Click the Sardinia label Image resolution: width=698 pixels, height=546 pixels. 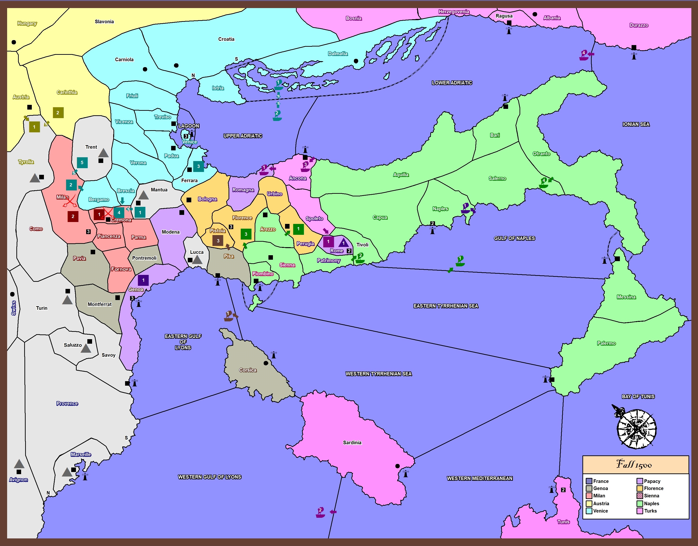(352, 442)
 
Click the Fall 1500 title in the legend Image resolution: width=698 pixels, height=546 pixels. (635, 464)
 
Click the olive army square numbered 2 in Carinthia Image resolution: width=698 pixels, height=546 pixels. (58, 112)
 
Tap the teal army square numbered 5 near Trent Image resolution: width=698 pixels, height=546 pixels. (82, 162)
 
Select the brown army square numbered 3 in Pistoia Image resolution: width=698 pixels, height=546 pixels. (218, 241)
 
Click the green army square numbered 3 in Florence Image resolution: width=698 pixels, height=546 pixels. (246, 234)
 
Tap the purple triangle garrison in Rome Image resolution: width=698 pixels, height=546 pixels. (343, 243)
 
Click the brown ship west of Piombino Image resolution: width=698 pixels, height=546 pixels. (228, 316)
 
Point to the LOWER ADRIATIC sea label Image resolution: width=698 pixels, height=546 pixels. (452, 83)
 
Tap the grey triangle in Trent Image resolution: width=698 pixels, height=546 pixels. (103, 153)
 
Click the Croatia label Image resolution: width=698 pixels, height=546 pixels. (226, 39)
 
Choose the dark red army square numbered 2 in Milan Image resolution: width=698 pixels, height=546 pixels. (73, 216)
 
